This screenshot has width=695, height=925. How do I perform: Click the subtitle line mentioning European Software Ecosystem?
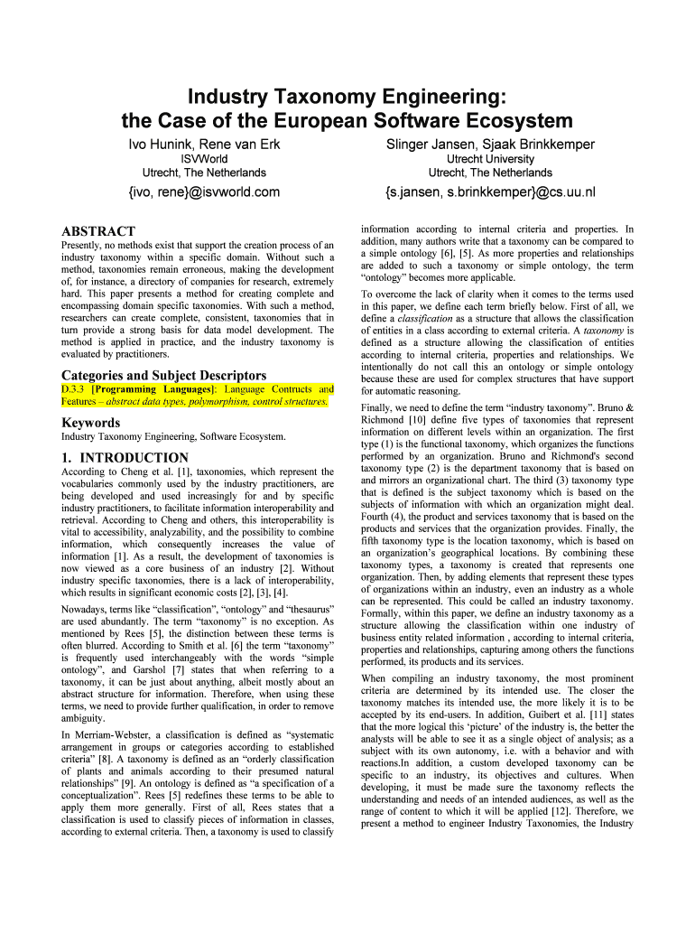(347, 120)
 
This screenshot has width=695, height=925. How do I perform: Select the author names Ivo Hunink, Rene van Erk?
(204, 145)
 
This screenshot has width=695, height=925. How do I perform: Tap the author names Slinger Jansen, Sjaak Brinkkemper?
(490, 145)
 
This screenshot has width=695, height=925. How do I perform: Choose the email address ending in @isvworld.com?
(204, 192)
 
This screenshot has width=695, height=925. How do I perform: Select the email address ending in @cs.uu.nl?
(490, 192)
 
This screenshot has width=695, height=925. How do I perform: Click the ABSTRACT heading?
(97, 231)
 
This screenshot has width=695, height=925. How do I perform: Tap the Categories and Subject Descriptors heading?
(163, 375)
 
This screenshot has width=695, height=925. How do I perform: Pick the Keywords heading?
(91, 422)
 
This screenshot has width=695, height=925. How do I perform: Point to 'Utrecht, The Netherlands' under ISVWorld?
(204, 173)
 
